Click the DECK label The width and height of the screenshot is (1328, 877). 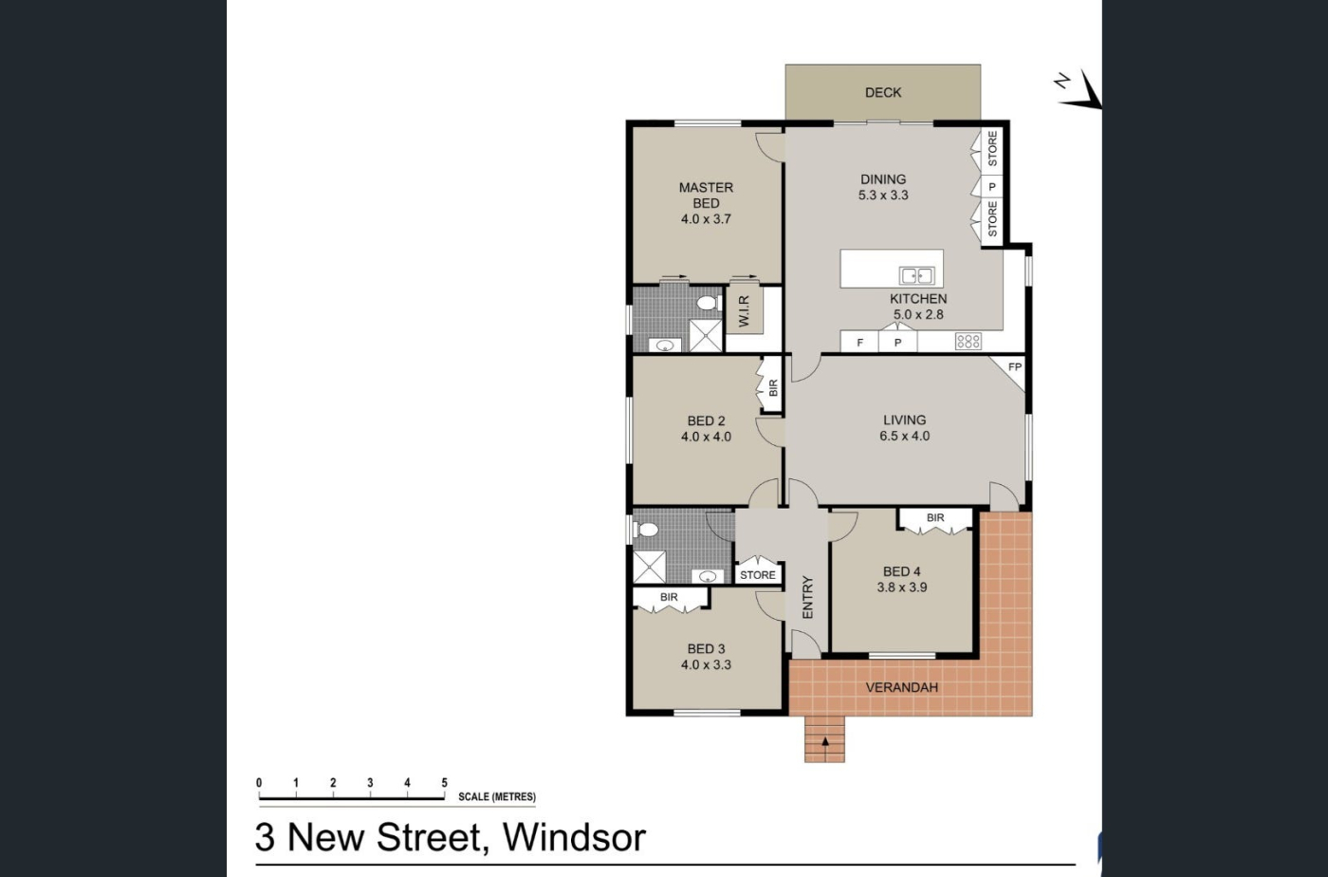[x=883, y=93]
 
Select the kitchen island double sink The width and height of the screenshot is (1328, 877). [x=916, y=275]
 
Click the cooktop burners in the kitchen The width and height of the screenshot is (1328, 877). [x=968, y=341]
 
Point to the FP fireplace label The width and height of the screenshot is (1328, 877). [x=1015, y=366]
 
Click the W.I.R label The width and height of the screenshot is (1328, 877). [x=745, y=311]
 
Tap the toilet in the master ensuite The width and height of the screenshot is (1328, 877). [x=707, y=303]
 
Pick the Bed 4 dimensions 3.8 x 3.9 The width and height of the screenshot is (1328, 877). [x=902, y=588]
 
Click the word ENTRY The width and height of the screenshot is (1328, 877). [x=807, y=598]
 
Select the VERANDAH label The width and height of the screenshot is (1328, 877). [x=902, y=688]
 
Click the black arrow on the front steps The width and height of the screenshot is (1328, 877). [x=824, y=741]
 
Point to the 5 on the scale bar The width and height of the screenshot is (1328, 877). [x=444, y=783]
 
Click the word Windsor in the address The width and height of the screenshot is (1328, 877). [x=574, y=837]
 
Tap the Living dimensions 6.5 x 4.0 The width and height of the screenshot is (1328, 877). [x=904, y=436]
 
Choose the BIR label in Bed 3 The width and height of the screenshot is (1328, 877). [x=669, y=598]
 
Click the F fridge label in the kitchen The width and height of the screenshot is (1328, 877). [x=859, y=343]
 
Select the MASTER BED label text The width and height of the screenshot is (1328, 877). [x=706, y=196]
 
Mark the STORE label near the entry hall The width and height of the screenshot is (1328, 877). [x=758, y=575]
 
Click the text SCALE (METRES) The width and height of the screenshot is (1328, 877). [x=497, y=797]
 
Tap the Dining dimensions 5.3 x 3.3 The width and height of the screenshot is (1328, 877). [x=883, y=196]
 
